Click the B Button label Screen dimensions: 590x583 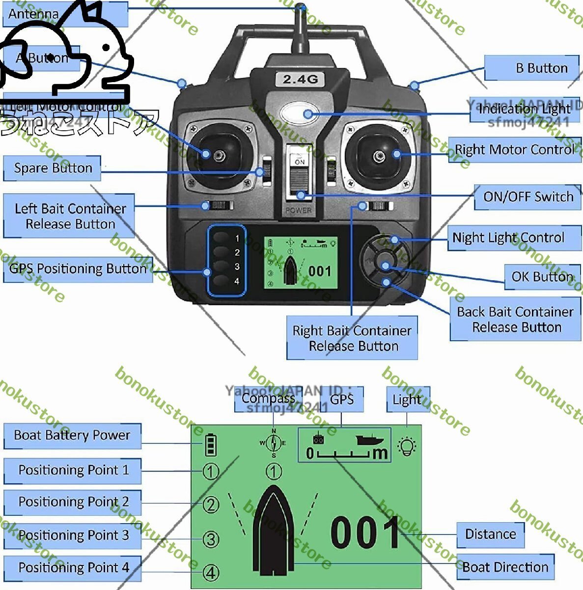[541, 68]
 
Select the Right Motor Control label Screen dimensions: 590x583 [514, 149]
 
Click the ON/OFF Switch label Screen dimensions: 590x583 [528, 197]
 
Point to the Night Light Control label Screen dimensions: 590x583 [508, 238]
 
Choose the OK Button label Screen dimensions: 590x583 [542, 277]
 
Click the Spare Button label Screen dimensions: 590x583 [53, 168]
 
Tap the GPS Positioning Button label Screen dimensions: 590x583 [78, 269]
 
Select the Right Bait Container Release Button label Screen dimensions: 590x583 [352, 338]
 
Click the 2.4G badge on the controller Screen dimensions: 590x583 [300, 79]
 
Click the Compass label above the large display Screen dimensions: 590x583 [268, 398]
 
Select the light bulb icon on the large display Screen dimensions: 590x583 [407, 446]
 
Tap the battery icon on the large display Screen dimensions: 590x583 [211, 444]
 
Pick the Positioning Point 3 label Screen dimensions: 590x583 [73, 535]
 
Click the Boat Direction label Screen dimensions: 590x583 [505, 567]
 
